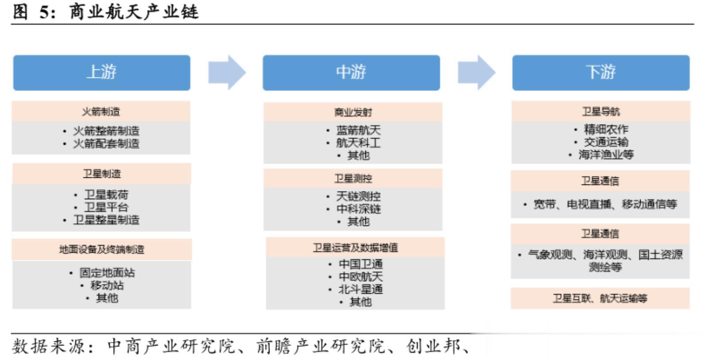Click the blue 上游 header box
102,73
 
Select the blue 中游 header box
351,73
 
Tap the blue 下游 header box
601,73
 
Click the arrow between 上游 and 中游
227,73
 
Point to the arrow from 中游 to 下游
476,73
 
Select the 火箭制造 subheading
101,111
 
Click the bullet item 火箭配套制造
106,144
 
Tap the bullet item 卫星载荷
106,195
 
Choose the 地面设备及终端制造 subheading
102,249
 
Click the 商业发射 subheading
353,113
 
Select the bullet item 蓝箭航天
358,130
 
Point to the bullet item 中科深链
358,209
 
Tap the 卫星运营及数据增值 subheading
355,248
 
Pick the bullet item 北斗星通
361,290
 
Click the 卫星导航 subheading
601,111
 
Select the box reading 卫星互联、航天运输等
600,299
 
